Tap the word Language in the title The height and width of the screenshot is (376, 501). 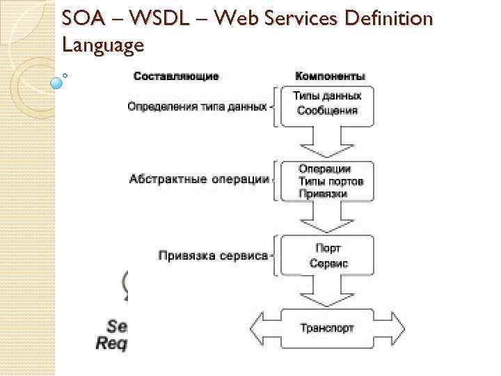(103, 46)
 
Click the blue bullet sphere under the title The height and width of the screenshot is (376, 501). (57, 82)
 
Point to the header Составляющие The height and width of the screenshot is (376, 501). (176, 76)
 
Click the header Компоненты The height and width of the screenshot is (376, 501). (331, 76)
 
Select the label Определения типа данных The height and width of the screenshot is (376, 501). (198, 107)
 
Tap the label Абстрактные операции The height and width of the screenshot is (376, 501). (199, 179)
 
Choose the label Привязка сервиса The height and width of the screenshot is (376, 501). (213, 256)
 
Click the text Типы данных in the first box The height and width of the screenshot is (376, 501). (327, 95)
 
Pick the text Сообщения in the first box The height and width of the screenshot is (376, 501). (327, 110)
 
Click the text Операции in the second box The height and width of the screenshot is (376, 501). (325, 169)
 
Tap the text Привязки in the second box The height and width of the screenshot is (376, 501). (322, 194)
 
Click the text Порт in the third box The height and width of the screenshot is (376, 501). (328, 249)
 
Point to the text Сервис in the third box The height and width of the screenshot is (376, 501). (328, 264)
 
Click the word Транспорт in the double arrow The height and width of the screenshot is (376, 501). (326, 327)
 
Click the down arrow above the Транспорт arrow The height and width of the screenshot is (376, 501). (327, 292)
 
